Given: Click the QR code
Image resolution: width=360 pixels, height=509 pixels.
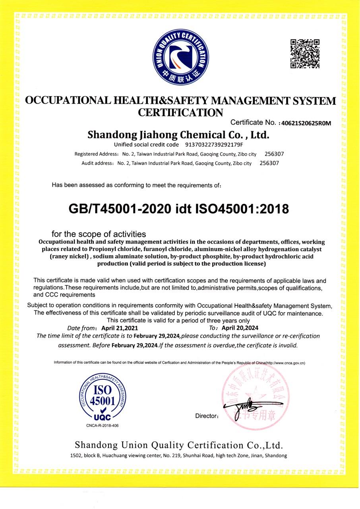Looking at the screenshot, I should [305, 54].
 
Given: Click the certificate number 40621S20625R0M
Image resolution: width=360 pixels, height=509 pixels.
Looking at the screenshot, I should [306, 123].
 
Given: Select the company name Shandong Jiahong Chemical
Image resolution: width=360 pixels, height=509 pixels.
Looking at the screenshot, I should [178, 134].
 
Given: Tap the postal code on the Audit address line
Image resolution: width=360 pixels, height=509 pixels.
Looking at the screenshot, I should [269, 163].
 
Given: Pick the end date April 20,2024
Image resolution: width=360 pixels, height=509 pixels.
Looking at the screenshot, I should [240, 328].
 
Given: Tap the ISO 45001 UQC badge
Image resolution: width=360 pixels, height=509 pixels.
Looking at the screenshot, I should [103, 398].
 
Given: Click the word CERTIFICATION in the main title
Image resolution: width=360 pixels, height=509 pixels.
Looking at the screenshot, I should [180, 113].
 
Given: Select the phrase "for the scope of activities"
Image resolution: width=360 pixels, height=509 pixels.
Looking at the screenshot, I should [99, 234].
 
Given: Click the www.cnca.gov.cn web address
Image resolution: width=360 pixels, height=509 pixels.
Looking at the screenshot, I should [285, 363].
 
